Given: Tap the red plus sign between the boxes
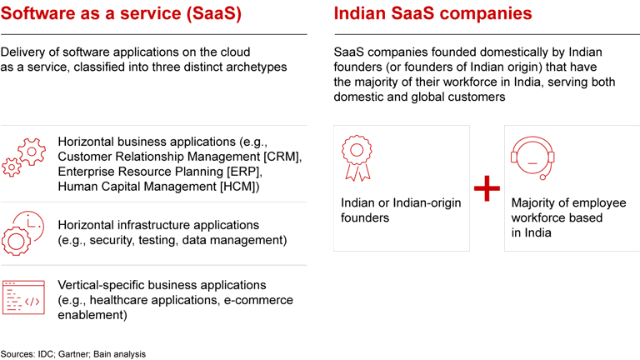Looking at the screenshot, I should (x=487, y=189).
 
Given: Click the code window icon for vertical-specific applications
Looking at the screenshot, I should (x=22, y=297).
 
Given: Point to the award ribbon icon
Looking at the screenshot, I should (x=357, y=157).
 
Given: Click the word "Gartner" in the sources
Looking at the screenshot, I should (x=79, y=353).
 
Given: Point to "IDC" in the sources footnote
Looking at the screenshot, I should (x=48, y=353).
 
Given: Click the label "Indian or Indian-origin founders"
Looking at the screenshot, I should (x=400, y=210).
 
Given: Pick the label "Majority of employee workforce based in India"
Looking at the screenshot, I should (x=567, y=217).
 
